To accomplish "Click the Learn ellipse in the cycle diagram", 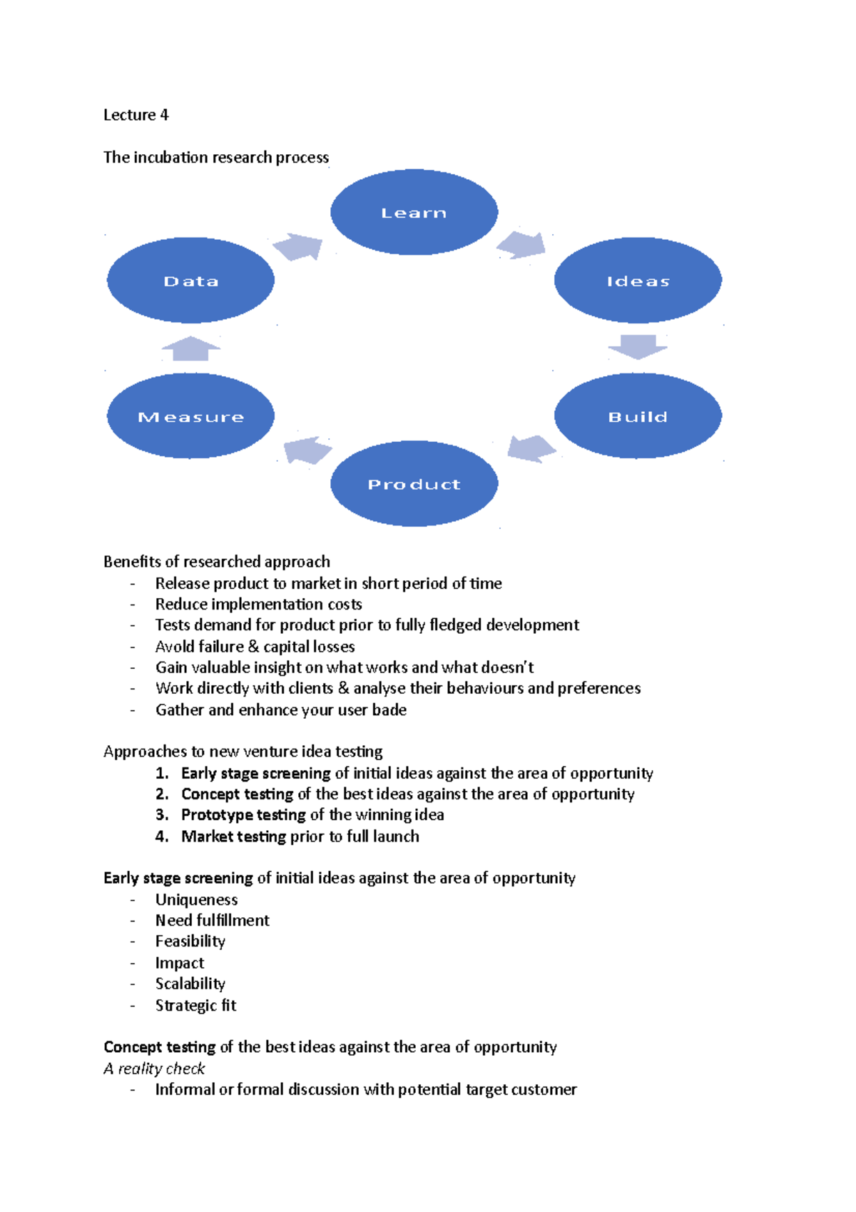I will click(x=414, y=212).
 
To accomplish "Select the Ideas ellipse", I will click(x=638, y=281).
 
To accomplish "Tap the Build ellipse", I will click(x=638, y=416).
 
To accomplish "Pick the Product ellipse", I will click(x=414, y=484).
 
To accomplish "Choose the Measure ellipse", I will click(x=190, y=416).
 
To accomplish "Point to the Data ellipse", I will click(x=190, y=281).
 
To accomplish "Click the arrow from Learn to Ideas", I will click(x=522, y=245).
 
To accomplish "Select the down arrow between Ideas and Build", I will click(x=638, y=347).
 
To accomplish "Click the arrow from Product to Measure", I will click(x=307, y=450).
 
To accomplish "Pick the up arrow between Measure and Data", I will click(x=190, y=348).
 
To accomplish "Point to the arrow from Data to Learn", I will click(x=298, y=247).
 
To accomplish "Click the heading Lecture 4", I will click(x=136, y=115).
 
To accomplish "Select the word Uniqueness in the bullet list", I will click(x=196, y=899).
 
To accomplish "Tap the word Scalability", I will click(x=190, y=984).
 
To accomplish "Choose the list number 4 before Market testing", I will click(x=162, y=836).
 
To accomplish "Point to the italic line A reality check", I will click(x=154, y=1068).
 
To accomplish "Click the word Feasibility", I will click(x=190, y=941).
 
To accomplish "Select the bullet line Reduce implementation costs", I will click(x=258, y=604).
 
